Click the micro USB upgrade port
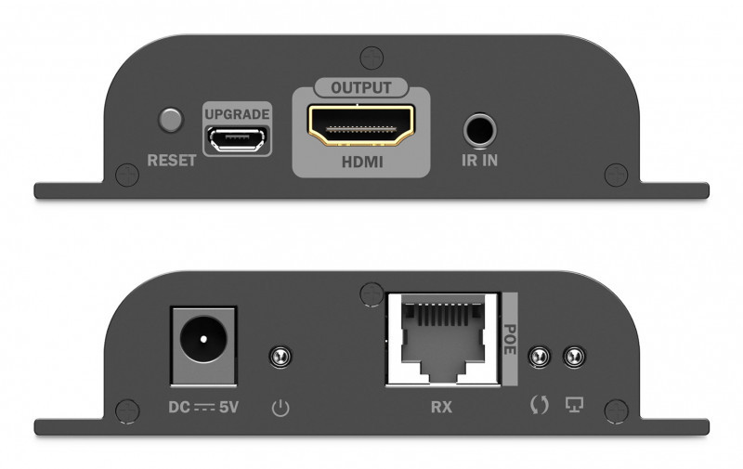[237, 139]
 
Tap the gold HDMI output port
[361, 125]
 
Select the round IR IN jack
[479, 130]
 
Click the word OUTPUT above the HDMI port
[361, 87]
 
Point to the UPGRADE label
[237, 114]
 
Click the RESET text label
[172, 161]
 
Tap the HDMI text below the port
[362, 162]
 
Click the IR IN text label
[479, 161]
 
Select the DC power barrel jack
[203, 345]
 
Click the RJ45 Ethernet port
[443, 338]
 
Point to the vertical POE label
[509, 339]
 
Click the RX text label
[441, 407]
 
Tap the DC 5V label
[203, 407]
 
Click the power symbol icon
[280, 408]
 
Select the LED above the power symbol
[280, 357]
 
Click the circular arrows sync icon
[540, 405]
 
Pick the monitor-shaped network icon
[574, 405]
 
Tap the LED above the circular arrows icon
[540, 357]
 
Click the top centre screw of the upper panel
[371, 59]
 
